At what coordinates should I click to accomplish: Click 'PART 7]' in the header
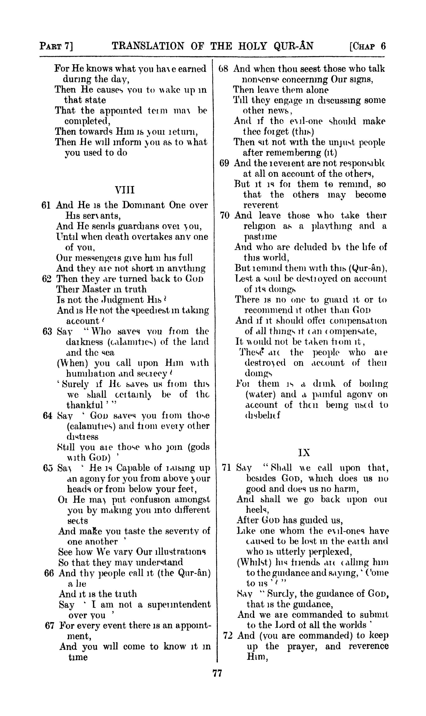coord(56,46)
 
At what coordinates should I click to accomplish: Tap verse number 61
coord(46,205)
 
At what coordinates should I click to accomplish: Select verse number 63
coord(47,332)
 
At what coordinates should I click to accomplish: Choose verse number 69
coord(224,163)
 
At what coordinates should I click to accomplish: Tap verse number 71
coord(227,468)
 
